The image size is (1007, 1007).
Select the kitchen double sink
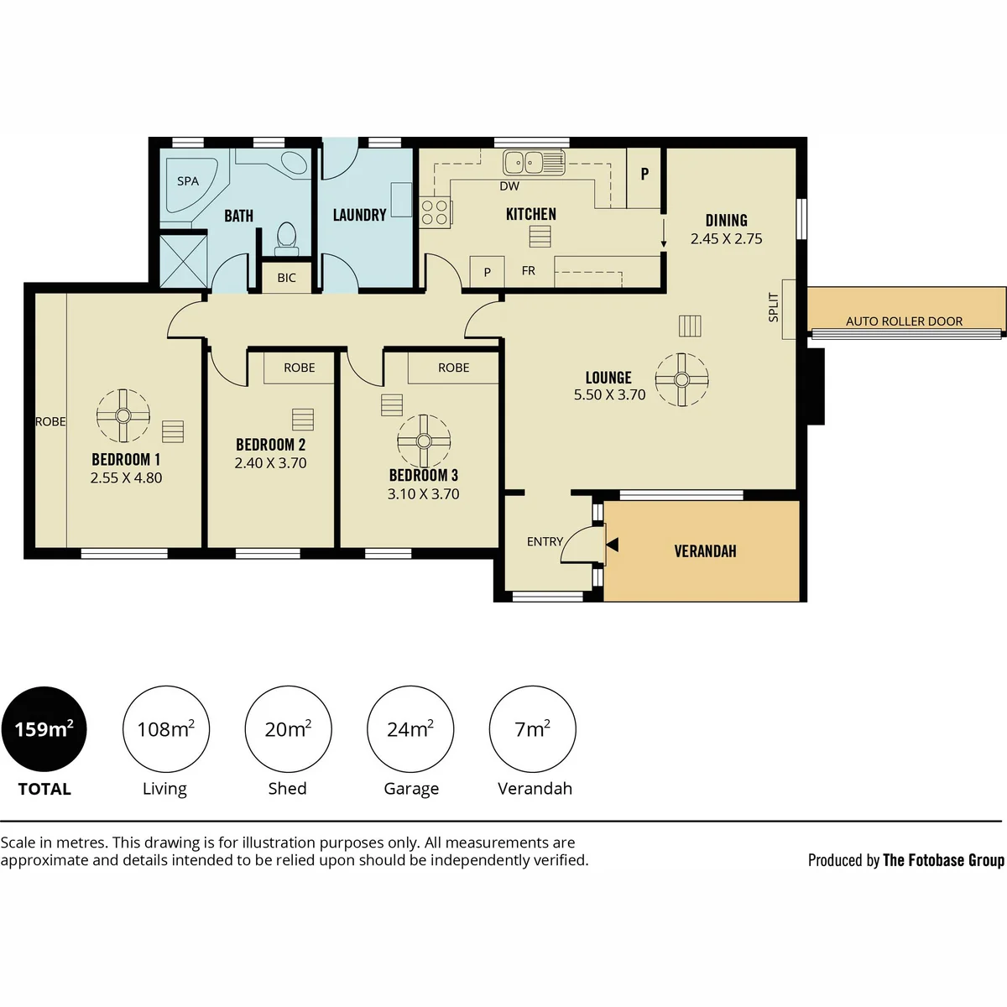click(534, 162)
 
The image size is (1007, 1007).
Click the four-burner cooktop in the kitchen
click(436, 212)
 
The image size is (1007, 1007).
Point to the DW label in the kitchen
click(509, 186)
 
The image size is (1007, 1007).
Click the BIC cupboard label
click(286, 278)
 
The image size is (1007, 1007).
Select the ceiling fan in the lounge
click(681, 379)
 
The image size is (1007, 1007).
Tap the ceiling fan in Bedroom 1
click(123, 416)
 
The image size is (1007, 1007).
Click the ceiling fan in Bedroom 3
click(424, 441)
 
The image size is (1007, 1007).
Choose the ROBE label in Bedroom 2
click(300, 368)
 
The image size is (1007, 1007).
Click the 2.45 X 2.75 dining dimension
click(727, 239)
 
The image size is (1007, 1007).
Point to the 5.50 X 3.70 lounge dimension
click(610, 394)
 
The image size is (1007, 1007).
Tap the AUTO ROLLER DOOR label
click(904, 321)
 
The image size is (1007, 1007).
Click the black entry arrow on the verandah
click(613, 545)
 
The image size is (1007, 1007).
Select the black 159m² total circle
click(44, 728)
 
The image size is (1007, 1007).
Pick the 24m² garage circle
click(410, 728)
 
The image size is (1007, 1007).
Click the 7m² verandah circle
click(533, 728)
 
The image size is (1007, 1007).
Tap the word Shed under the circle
click(288, 788)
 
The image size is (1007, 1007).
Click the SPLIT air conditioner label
click(774, 307)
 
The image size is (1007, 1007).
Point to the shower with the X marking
click(184, 261)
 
